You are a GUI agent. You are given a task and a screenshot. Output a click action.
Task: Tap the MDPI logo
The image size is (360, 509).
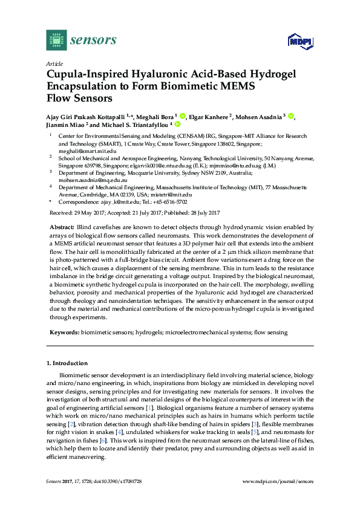point(295,42)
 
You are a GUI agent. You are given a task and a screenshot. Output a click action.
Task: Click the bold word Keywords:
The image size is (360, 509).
point(64,332)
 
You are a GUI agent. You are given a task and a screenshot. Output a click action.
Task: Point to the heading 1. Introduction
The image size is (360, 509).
point(67,363)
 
